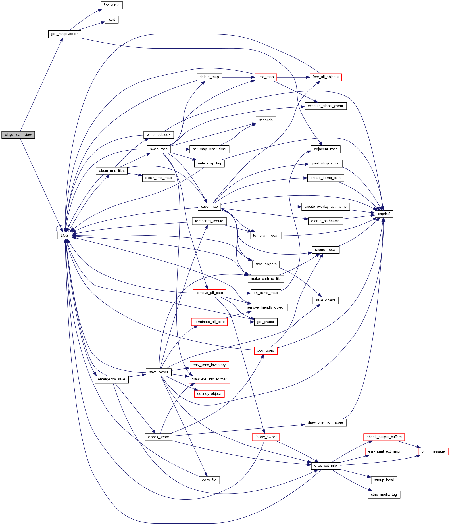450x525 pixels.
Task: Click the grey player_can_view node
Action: (x=18, y=135)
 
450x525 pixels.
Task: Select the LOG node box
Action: (x=64, y=236)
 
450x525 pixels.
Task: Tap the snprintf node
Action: (x=384, y=214)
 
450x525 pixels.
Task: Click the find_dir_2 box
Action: (x=111, y=5)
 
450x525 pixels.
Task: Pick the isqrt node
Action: (x=112, y=20)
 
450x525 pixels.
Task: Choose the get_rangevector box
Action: (x=64, y=34)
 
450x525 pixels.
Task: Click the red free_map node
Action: (x=266, y=77)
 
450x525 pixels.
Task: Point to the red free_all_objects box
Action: (x=325, y=77)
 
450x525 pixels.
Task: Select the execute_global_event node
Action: (x=325, y=106)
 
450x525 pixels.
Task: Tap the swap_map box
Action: (x=159, y=149)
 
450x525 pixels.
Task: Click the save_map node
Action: (x=209, y=207)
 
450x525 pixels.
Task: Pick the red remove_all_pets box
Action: (x=209, y=293)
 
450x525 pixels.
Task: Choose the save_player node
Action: (x=159, y=372)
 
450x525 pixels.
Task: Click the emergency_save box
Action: (x=111, y=379)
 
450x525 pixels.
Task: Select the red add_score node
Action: (x=265, y=351)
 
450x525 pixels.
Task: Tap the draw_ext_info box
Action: (x=325, y=466)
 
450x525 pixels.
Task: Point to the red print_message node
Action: (x=433, y=451)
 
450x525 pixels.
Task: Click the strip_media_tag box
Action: (x=384, y=495)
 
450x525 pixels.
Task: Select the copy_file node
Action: (x=209, y=480)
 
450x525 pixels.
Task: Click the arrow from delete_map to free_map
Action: (x=238, y=77)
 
